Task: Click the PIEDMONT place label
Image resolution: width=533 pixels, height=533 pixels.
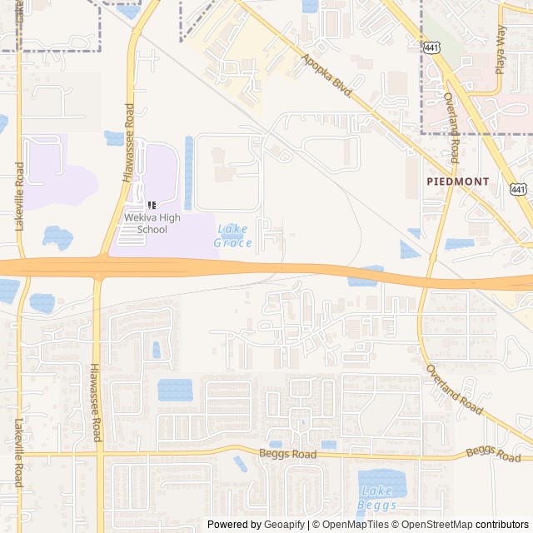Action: [458, 181]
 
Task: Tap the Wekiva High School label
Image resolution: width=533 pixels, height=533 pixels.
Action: [146, 223]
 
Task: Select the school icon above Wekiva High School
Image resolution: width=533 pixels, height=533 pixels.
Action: [151, 205]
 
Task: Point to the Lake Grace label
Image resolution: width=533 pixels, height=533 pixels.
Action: [232, 236]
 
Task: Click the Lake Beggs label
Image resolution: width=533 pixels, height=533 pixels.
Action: [376, 497]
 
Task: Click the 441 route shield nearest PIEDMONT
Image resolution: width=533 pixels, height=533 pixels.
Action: [518, 190]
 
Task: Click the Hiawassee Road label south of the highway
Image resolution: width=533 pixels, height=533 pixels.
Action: [97, 402]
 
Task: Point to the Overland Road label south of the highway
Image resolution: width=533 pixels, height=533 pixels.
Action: [454, 390]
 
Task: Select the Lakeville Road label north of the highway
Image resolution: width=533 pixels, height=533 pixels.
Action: [19, 197]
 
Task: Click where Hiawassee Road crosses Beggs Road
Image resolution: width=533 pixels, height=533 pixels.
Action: [100, 455]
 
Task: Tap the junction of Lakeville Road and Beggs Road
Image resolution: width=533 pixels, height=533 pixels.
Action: [19, 455]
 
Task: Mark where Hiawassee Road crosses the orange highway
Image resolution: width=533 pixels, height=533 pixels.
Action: [98, 267]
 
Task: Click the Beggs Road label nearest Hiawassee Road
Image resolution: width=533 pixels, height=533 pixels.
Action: [287, 455]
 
